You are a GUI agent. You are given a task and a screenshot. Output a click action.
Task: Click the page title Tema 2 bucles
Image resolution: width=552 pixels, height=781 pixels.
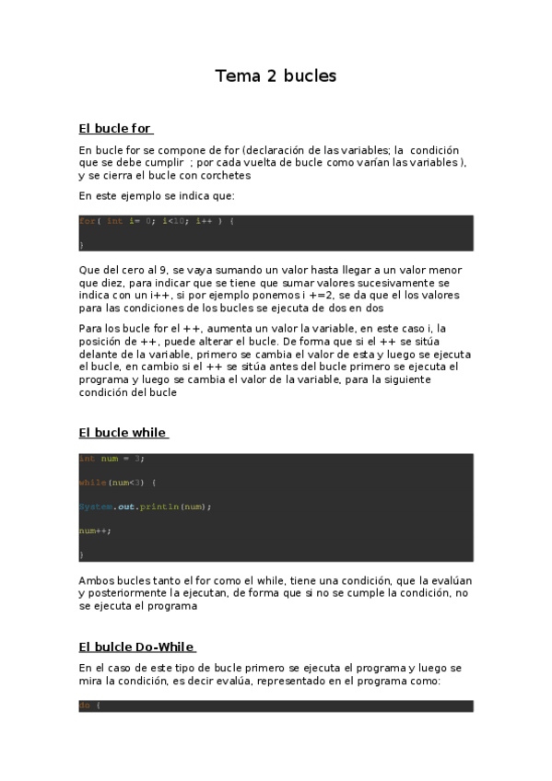(x=276, y=76)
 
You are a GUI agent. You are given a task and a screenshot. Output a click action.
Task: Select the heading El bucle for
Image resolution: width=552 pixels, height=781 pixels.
(x=115, y=128)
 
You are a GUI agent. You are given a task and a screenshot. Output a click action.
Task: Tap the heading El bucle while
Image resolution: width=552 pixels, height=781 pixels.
(x=123, y=432)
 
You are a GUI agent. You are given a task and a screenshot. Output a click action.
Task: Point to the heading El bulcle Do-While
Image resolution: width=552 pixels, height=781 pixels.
(x=136, y=647)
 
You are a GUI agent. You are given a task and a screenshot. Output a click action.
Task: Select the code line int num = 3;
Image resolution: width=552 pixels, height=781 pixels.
(x=112, y=459)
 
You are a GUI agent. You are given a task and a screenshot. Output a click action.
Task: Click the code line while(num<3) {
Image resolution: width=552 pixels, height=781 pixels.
(x=118, y=483)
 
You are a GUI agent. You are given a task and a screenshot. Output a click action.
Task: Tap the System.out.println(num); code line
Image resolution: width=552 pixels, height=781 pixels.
(x=146, y=507)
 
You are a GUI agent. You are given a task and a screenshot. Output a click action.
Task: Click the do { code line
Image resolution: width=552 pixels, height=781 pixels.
(x=89, y=705)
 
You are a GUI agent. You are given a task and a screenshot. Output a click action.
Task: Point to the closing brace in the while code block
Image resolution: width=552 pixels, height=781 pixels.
(x=81, y=554)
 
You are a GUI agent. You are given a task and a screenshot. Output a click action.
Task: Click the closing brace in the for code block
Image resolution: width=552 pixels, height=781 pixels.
(x=81, y=244)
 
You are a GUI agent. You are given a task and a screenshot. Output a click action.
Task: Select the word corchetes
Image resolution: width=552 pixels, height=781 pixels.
(x=223, y=175)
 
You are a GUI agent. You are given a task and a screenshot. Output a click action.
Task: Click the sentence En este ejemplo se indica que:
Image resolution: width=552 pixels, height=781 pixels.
(x=157, y=195)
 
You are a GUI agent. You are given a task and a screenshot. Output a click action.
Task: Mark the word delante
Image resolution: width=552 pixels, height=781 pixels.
(x=100, y=354)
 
